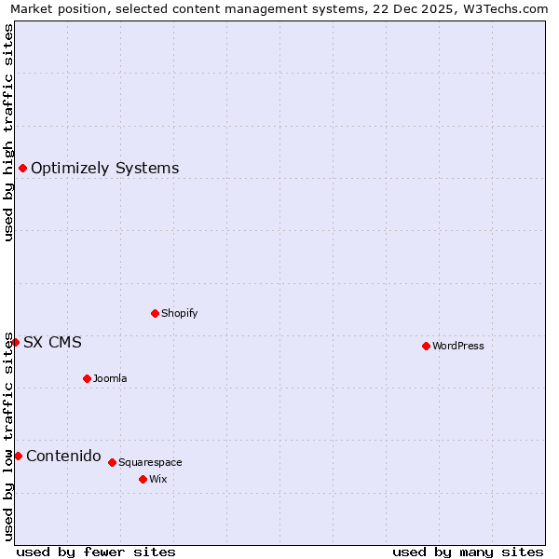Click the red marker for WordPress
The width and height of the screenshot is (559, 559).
[x=426, y=346]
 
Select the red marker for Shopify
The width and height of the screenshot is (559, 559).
[x=155, y=313]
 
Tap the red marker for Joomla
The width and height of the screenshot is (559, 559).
[x=87, y=378]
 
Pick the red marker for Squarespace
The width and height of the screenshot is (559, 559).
[x=112, y=462]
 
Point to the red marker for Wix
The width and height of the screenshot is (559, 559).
[x=143, y=479]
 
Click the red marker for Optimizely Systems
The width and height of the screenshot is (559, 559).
[x=22, y=168]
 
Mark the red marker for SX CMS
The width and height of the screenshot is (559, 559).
[x=15, y=342]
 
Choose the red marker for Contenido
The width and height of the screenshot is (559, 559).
[x=18, y=456]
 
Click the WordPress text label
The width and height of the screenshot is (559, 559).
[x=458, y=346]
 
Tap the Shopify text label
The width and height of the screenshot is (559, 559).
[x=180, y=313]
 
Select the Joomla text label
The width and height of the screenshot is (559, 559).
[x=110, y=378]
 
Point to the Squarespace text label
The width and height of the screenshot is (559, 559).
[x=150, y=462]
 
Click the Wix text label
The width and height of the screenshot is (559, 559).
[x=158, y=479]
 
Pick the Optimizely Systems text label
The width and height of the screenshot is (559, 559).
[x=105, y=168]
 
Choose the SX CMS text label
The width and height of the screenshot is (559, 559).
[x=52, y=342]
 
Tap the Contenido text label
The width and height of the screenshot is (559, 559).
[x=63, y=456]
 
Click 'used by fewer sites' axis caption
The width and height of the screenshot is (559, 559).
[x=96, y=552]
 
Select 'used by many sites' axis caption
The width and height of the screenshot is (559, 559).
[x=468, y=552]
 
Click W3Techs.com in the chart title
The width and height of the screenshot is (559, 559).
[x=504, y=9]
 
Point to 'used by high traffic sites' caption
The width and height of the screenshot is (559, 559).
[x=9, y=132]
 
